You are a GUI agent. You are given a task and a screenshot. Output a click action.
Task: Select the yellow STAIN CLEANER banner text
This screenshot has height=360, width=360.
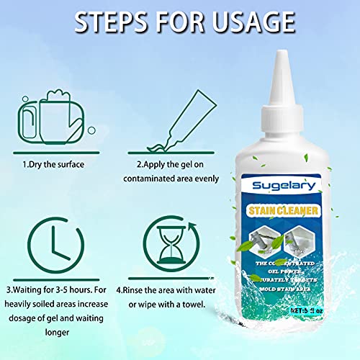pyautogui.click(x=282, y=211)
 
